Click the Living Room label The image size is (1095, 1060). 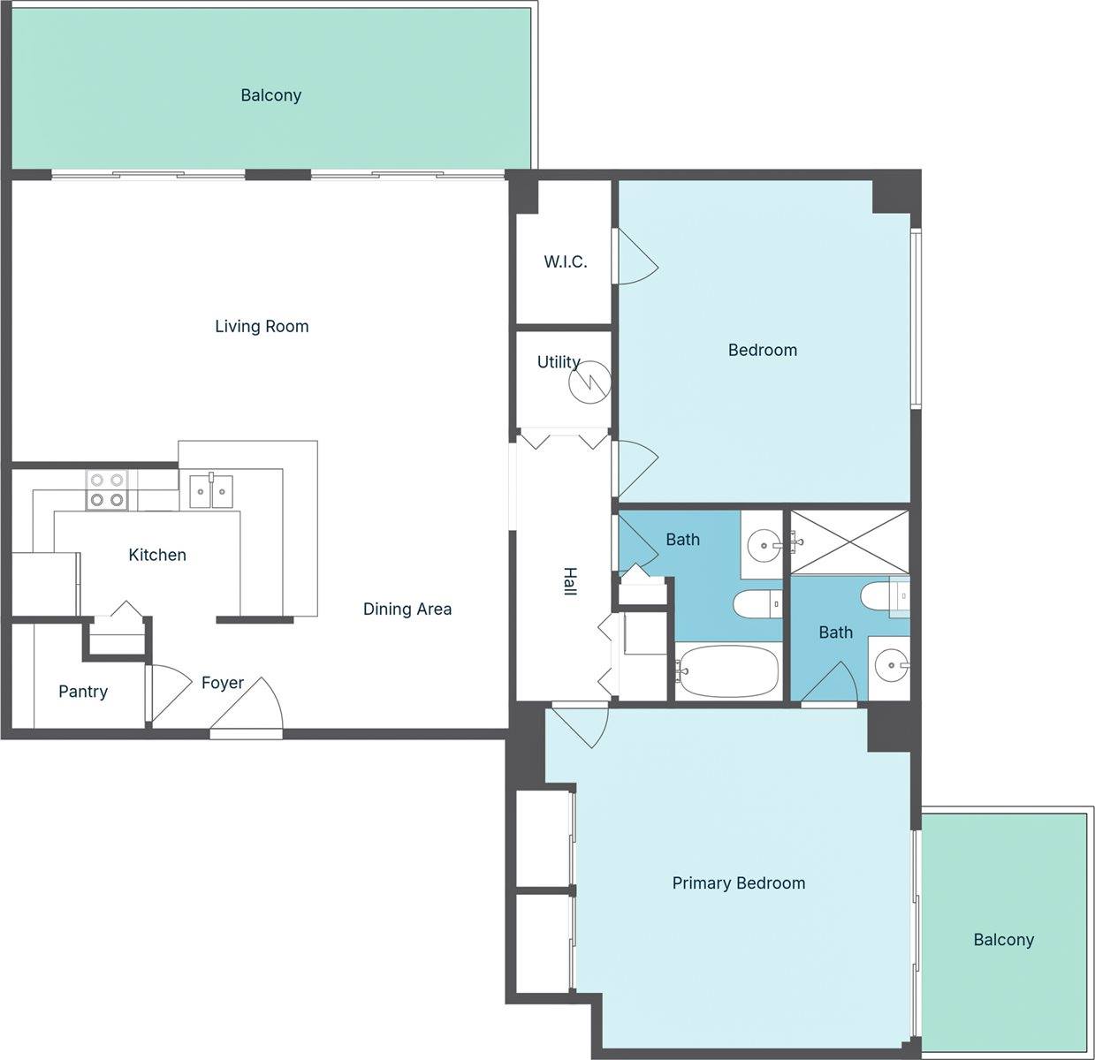(262, 326)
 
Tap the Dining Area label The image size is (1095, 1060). (407, 609)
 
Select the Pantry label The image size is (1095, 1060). (83, 692)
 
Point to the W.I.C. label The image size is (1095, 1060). (566, 261)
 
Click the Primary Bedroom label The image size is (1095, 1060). (739, 882)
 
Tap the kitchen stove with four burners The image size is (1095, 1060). (107, 489)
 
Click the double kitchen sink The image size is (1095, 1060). (211, 491)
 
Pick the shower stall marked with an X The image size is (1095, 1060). (849, 542)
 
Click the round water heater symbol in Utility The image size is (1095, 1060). (589, 383)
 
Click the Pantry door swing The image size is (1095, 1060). (168, 693)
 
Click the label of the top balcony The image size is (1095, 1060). (270, 95)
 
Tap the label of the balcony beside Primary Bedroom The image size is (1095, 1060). (1004, 940)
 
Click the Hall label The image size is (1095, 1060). (570, 581)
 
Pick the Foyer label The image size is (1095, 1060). (223, 683)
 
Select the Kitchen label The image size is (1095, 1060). (157, 555)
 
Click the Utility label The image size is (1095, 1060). (559, 362)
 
